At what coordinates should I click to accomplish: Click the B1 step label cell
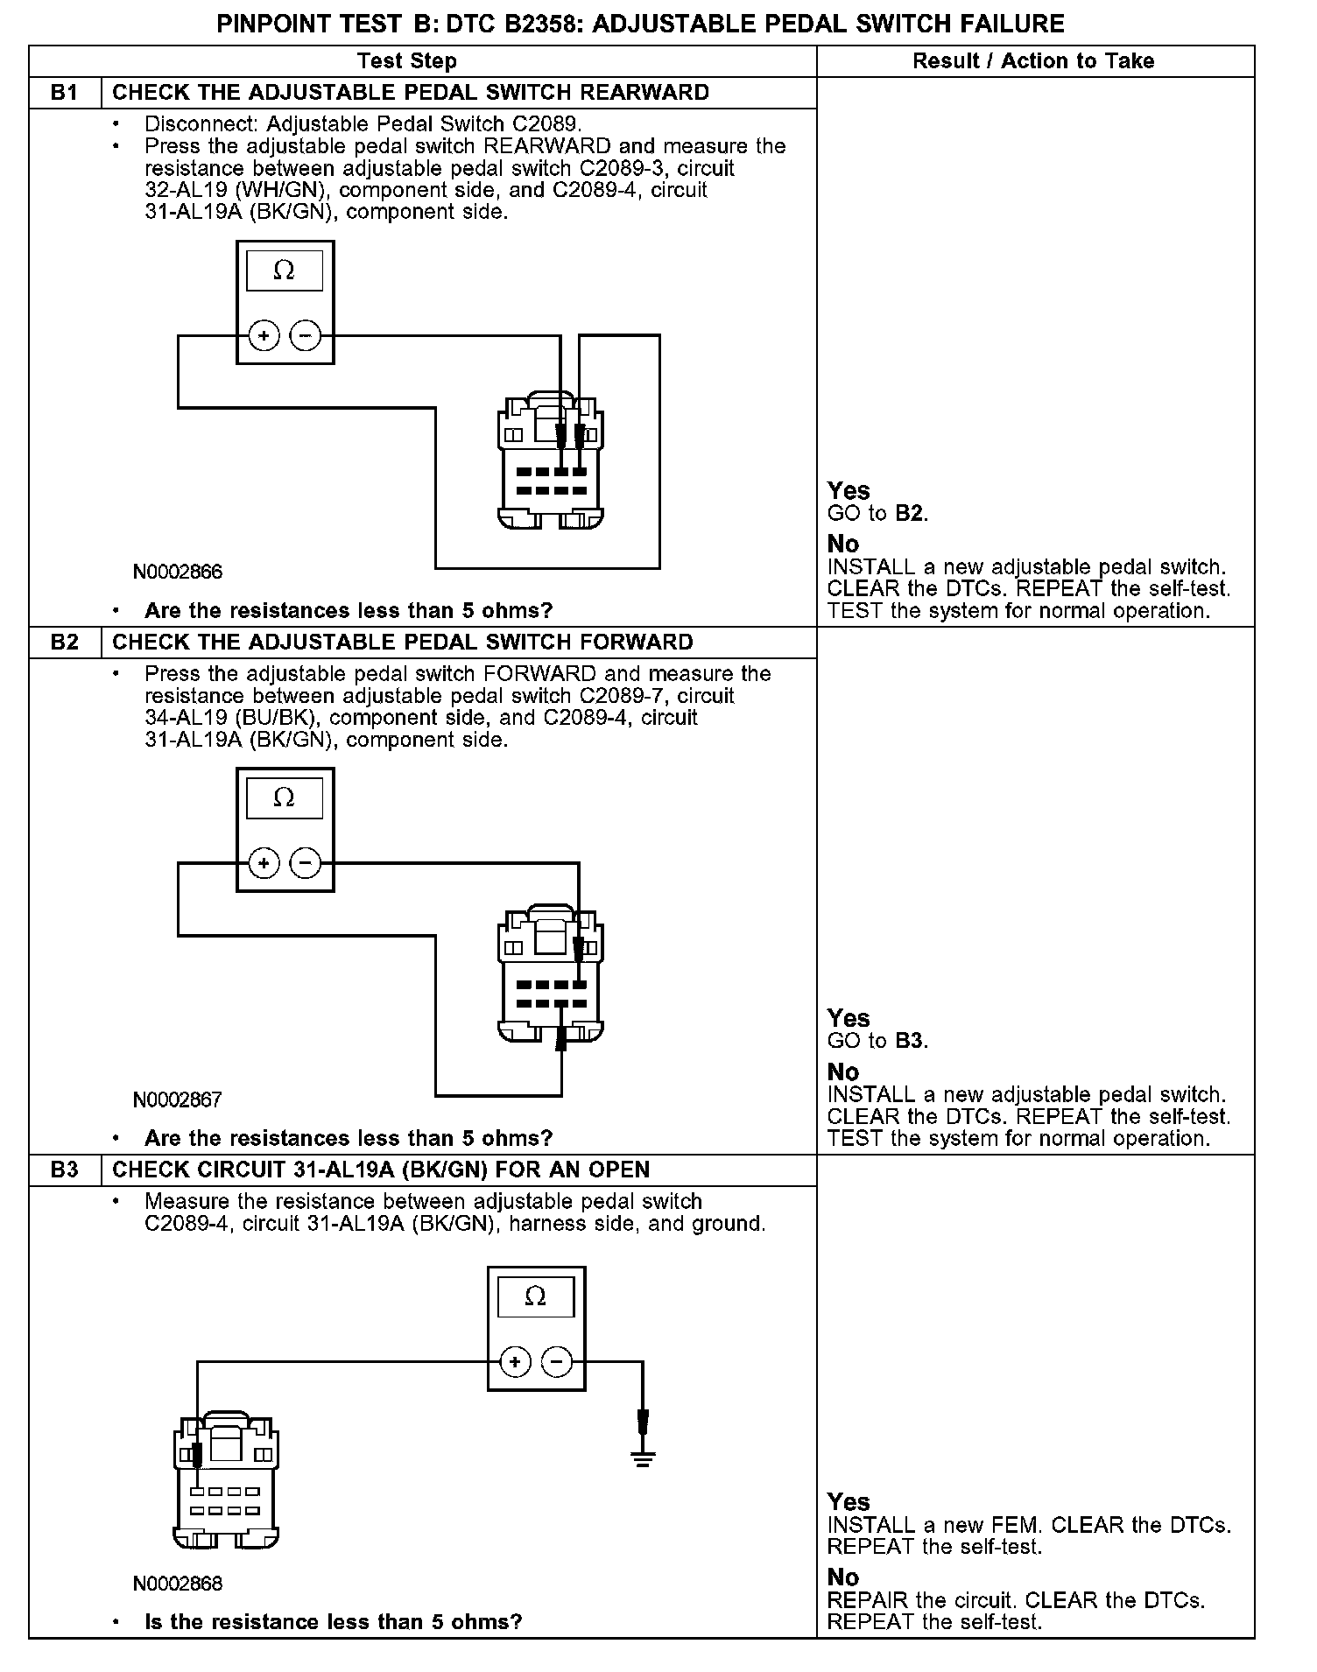click(x=65, y=93)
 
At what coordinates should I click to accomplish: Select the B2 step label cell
click(x=65, y=643)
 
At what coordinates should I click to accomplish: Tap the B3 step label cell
click(x=65, y=1170)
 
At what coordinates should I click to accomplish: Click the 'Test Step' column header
click(x=406, y=61)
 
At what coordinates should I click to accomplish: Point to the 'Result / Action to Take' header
click(x=1033, y=61)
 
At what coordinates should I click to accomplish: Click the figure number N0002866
click(x=178, y=573)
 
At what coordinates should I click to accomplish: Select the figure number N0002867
click(x=178, y=1100)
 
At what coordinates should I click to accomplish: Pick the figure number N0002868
click(x=178, y=1584)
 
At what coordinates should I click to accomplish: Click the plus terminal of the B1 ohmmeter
click(x=264, y=336)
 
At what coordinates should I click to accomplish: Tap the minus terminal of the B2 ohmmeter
click(x=305, y=864)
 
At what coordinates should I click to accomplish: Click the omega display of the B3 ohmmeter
click(x=536, y=1296)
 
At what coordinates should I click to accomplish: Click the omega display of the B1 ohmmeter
click(x=285, y=270)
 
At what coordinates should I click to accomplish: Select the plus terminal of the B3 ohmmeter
click(x=515, y=1362)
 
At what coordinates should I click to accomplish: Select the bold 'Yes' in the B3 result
click(x=849, y=1502)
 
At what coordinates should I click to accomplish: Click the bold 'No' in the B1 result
click(x=843, y=544)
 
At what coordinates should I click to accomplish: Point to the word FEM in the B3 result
click(x=1018, y=1525)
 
